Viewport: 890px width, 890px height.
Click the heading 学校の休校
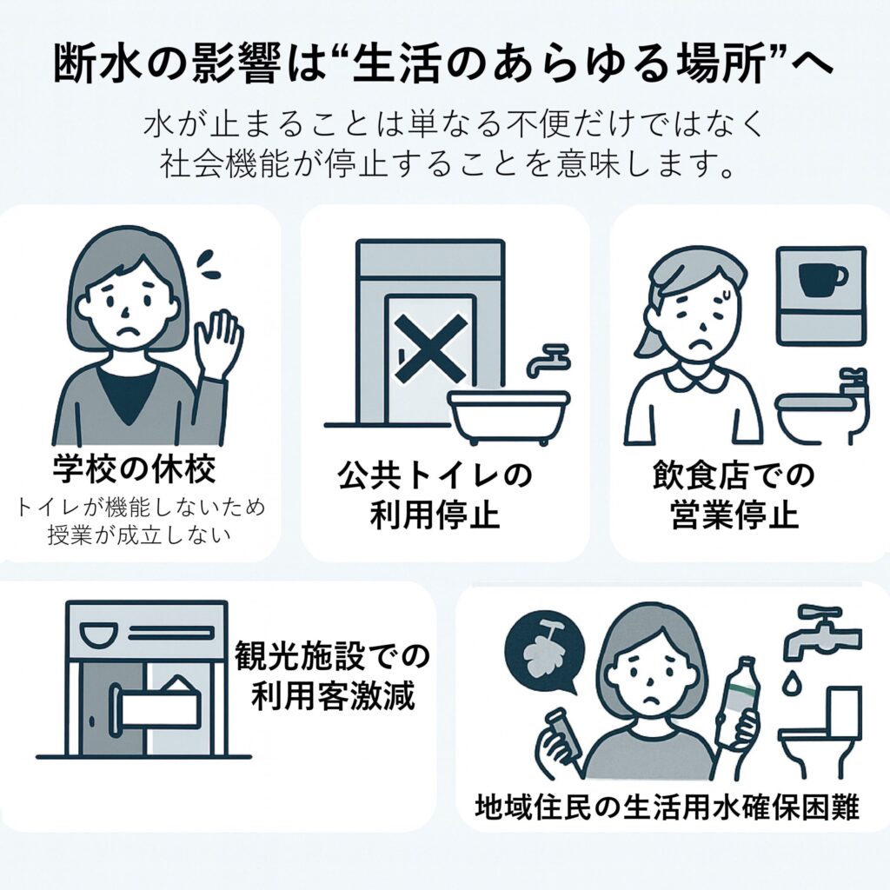[135, 469]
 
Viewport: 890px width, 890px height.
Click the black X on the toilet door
[431, 349]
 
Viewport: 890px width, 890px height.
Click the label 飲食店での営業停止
[734, 495]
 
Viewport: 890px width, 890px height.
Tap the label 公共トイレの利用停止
[435, 495]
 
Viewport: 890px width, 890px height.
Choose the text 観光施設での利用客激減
[333, 675]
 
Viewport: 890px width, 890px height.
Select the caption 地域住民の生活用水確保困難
[667, 807]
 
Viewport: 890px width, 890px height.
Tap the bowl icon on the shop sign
[99, 633]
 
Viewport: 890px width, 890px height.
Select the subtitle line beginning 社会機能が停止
[445, 165]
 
